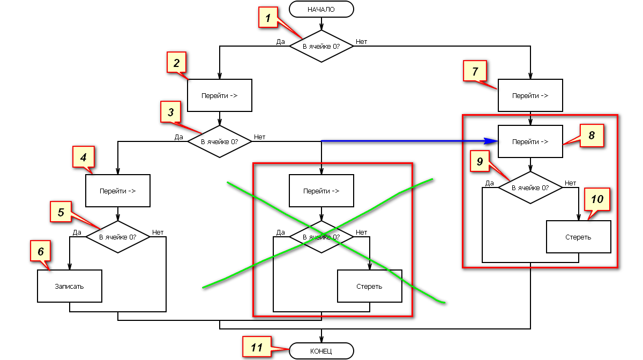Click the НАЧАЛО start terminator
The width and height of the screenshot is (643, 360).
tap(322, 9)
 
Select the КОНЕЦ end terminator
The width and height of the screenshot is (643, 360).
tap(322, 351)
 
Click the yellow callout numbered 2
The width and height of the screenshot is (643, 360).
tap(176, 63)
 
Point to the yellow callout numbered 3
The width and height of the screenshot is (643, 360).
tap(170, 112)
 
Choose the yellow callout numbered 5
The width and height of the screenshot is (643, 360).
tap(61, 212)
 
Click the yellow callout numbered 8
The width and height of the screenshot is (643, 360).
tap(592, 136)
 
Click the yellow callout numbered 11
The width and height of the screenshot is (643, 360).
tap(256, 347)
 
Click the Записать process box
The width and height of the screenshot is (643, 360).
tap(70, 286)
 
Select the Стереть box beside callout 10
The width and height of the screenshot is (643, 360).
tap(579, 237)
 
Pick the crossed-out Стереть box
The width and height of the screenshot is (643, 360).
tap(370, 286)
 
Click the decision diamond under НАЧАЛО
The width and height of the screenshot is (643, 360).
tap(322, 46)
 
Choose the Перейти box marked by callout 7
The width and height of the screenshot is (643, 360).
tap(530, 96)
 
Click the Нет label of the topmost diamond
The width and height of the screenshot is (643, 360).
tap(362, 41)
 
